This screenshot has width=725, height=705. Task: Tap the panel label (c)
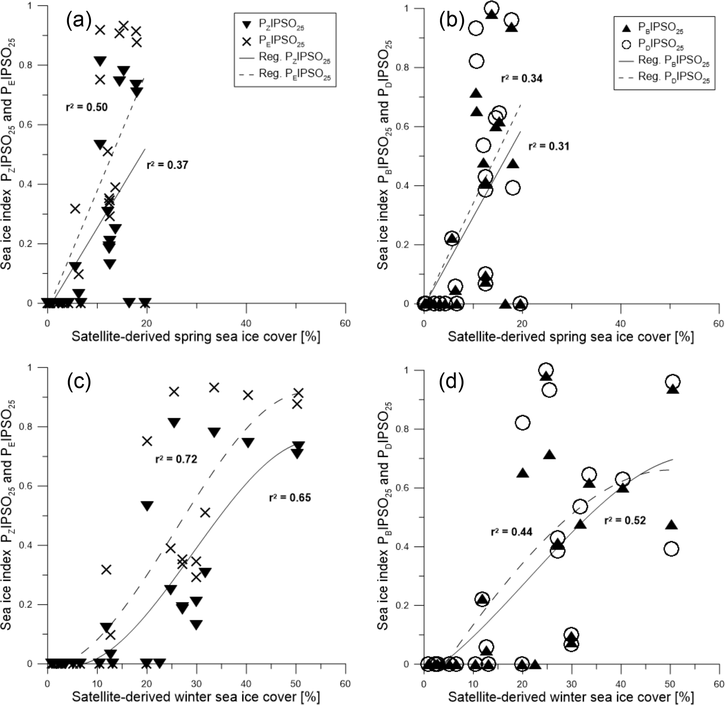tap(79, 382)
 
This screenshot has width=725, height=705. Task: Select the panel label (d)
tap(451, 382)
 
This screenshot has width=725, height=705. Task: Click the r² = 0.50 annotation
tap(87, 107)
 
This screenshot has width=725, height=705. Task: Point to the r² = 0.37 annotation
tap(167, 165)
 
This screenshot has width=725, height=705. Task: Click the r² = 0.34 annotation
tap(522, 79)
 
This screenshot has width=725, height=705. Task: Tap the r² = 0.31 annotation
tap(549, 146)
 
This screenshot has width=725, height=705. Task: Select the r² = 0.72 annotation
tap(176, 459)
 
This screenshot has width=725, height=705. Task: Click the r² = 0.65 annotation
tap(290, 497)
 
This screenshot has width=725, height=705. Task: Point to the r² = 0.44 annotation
tap(511, 532)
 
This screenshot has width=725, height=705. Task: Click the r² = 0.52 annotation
tap(625, 521)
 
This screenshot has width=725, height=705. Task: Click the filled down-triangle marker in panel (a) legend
tap(246, 25)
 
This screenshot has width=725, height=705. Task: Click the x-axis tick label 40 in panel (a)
tap(246, 323)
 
